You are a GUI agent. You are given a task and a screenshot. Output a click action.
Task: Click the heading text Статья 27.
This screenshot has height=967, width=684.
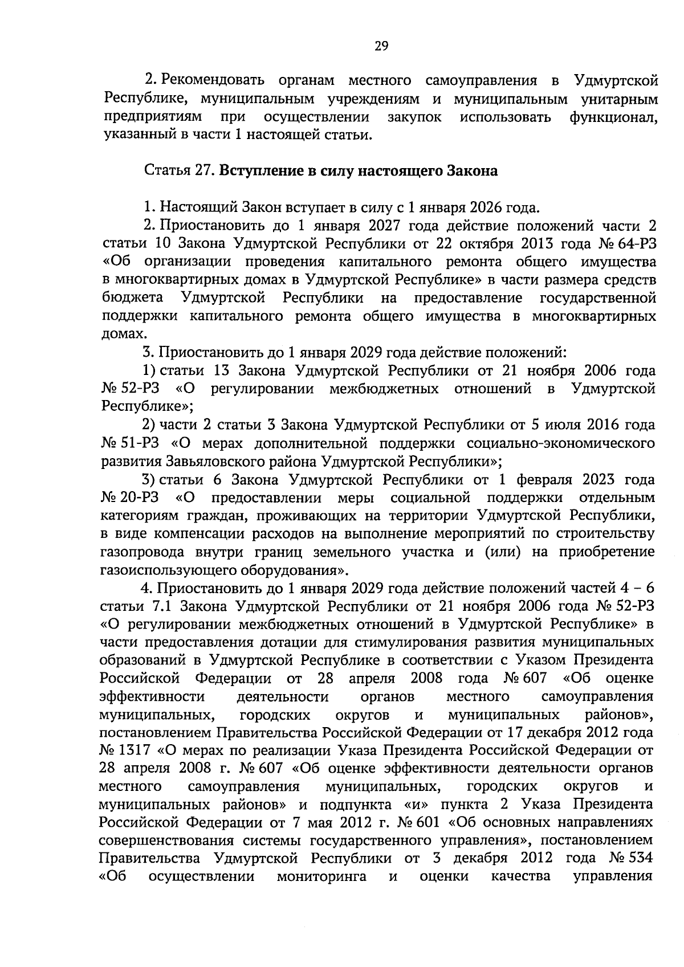click(180, 171)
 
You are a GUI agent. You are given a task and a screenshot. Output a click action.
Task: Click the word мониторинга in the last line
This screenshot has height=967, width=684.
click(321, 877)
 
